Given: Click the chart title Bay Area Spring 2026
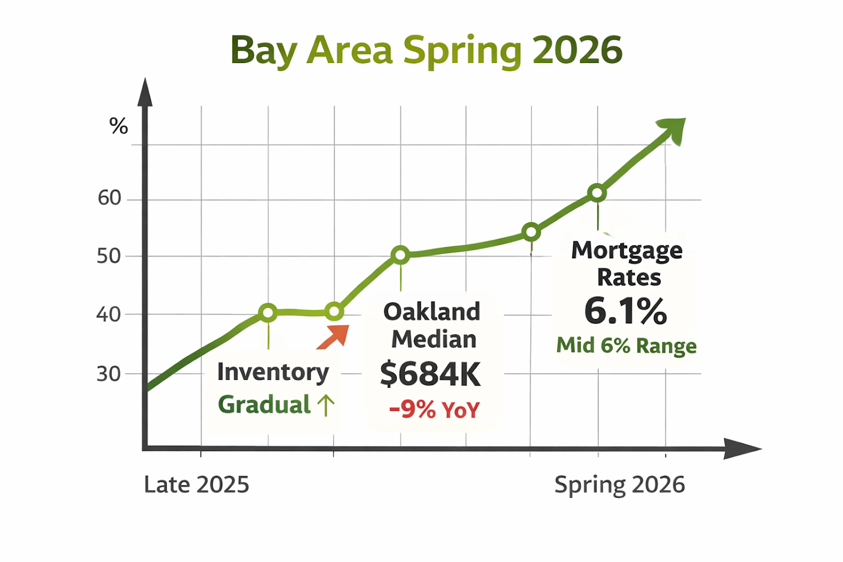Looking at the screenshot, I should (426, 51).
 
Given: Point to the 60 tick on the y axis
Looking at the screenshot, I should (110, 198).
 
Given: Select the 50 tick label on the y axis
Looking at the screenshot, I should (109, 257).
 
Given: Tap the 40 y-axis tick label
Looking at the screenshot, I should (109, 315).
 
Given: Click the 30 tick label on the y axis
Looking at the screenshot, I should (109, 374).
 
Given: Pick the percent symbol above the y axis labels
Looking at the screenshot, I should (118, 126).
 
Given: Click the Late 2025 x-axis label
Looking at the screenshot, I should (196, 485).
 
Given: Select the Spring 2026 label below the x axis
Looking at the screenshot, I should (620, 485).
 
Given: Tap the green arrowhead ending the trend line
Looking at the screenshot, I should (673, 129).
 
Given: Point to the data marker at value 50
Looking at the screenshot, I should (400, 255).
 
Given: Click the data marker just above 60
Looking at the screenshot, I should (597, 193).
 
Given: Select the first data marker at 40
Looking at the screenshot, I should (268, 313).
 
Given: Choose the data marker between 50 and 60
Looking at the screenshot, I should (531, 232).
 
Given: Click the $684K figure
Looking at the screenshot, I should (430, 374).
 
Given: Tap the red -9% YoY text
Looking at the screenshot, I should (434, 409).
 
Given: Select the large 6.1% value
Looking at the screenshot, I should (625, 311).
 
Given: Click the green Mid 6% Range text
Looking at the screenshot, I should (626, 346).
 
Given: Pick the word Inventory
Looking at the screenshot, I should (273, 372).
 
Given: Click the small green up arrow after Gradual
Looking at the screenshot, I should (325, 405).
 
